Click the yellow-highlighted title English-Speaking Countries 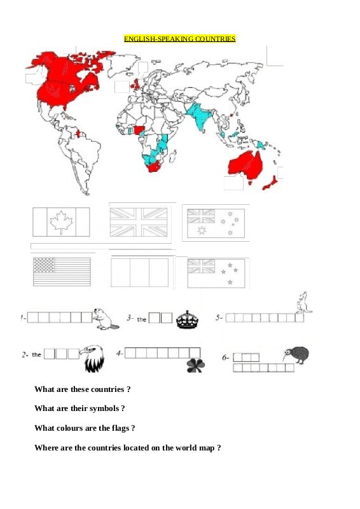point(179,39)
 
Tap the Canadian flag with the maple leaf point(61,222)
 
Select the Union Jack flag point(139,222)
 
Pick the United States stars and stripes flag point(62,272)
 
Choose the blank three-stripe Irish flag point(139,272)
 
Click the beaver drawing point(105,319)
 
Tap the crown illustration point(187,319)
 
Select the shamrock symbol point(195,365)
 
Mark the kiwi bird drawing point(296,355)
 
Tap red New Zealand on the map point(270,183)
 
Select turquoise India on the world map point(199,116)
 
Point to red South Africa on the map point(155,166)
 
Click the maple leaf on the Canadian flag point(61,221)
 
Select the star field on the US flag point(44,265)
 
